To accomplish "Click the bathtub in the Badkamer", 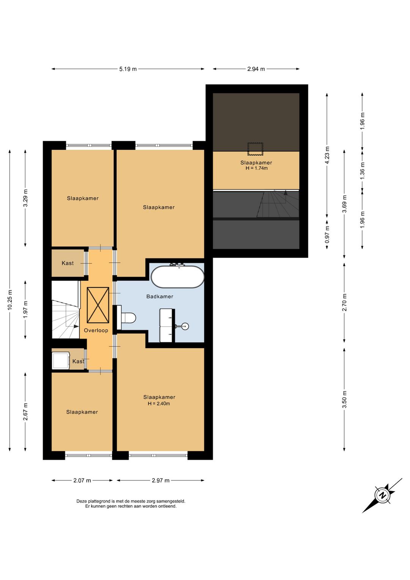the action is click(177, 276).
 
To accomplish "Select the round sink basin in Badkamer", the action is click(185, 326).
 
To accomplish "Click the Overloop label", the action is click(96, 330).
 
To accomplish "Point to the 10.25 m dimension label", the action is click(9, 300).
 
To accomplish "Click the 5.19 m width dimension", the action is click(128, 69).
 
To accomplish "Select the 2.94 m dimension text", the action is click(256, 69).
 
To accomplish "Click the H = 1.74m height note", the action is click(256, 168).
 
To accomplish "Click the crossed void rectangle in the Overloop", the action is click(98, 305).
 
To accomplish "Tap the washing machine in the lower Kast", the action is click(61, 360).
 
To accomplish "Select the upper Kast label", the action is click(68, 263).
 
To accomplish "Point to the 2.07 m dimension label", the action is click(82, 480).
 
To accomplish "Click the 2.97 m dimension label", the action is click(160, 480).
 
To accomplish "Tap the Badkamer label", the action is click(159, 296).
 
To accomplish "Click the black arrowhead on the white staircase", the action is click(76, 326).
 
